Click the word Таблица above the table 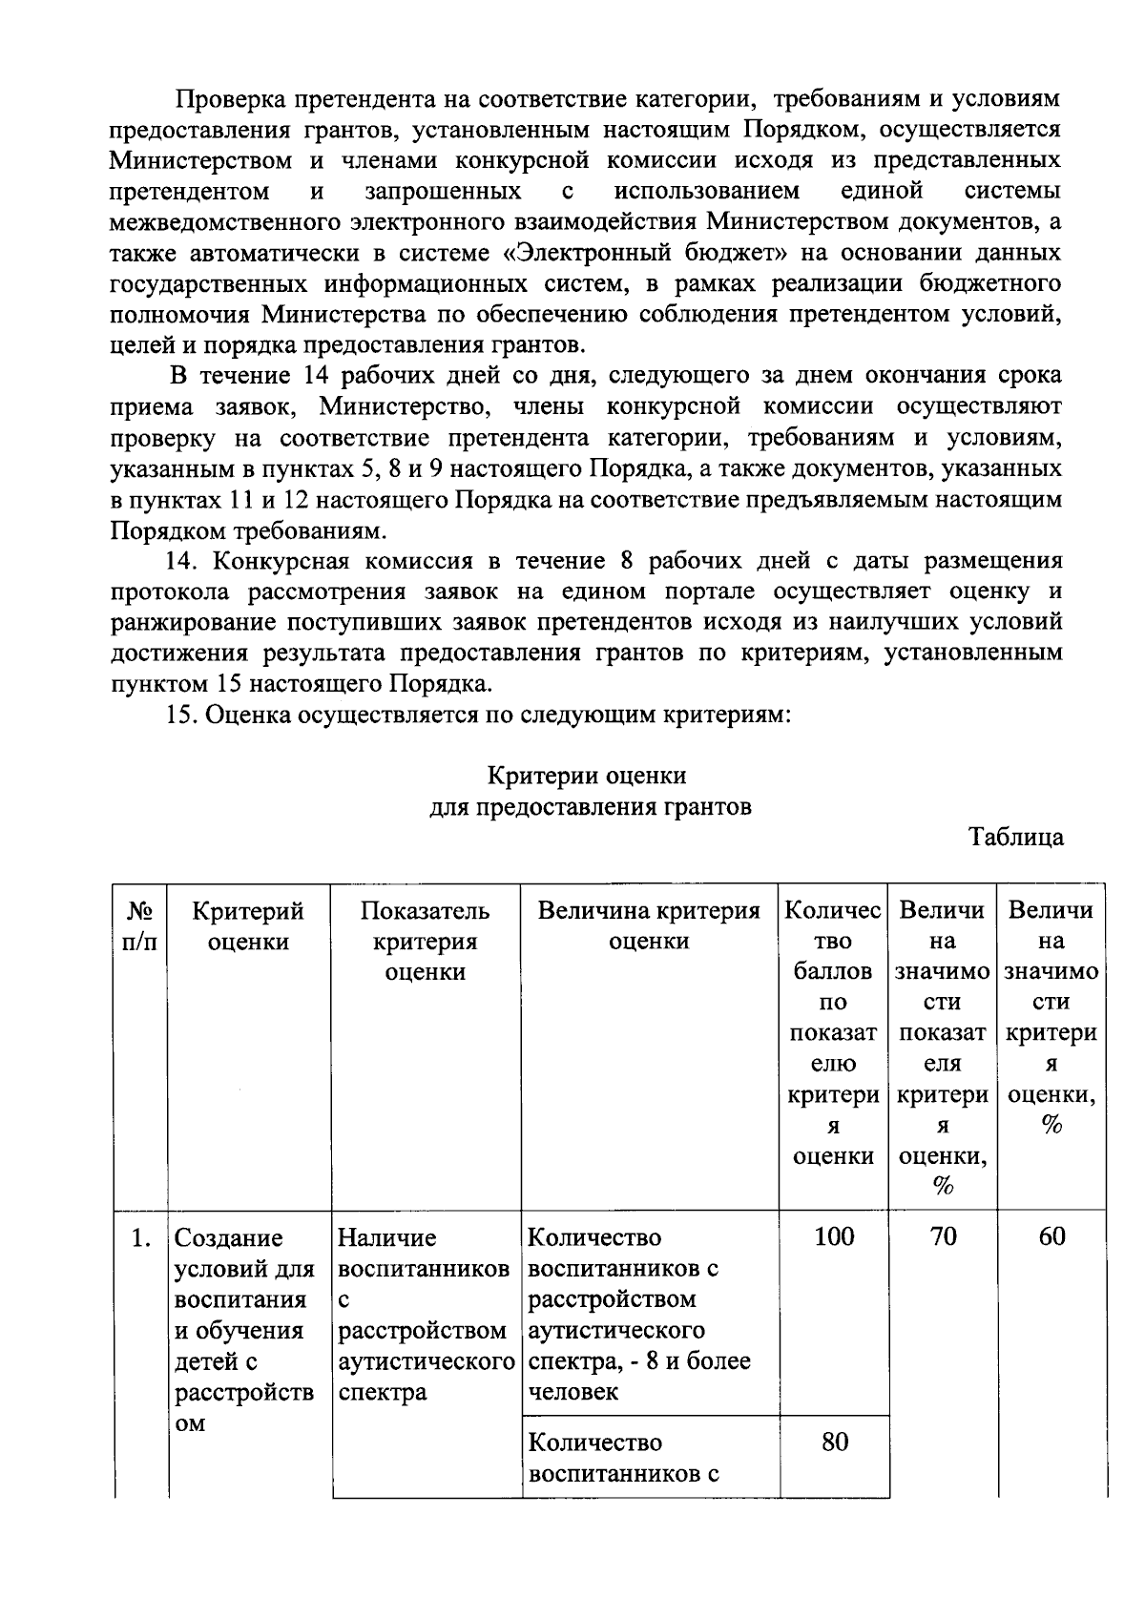pos(1015,838)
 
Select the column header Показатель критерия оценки pos(425,942)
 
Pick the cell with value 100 pos(834,1237)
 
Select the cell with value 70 pos(943,1237)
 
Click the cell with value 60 pos(1051,1237)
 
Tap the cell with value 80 pos(834,1442)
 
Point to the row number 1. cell pos(141,1238)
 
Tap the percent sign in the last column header pos(1051,1125)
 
